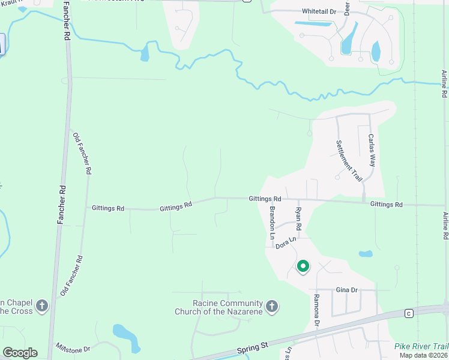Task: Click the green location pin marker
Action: (x=303, y=266)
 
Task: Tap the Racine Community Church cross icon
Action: (x=271, y=307)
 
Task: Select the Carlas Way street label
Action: (x=372, y=151)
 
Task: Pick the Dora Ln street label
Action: (x=286, y=242)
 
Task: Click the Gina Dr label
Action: (x=346, y=290)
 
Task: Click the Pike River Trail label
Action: (x=421, y=346)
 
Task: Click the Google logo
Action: (x=20, y=353)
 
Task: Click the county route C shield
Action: (x=409, y=313)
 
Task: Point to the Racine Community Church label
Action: (x=218, y=307)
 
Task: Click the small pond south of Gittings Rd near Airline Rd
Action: (x=366, y=254)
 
